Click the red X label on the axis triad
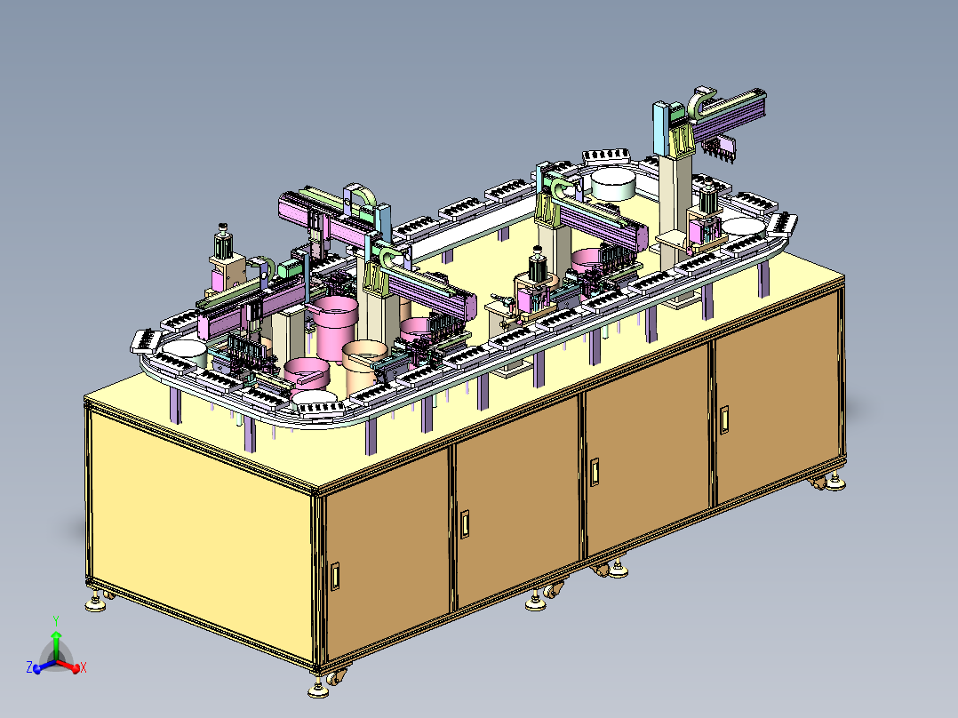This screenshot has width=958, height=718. coord(84,668)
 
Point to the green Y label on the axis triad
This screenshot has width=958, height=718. coord(56,621)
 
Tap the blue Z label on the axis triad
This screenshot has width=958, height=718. coord(29,666)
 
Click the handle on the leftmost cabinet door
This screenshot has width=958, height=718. coord(335,576)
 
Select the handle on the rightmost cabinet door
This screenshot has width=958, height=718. coord(724,420)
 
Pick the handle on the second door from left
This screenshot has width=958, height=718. coord(465,524)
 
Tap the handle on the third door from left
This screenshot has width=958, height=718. coord(594,473)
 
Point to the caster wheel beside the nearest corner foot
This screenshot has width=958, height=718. coord(335,676)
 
